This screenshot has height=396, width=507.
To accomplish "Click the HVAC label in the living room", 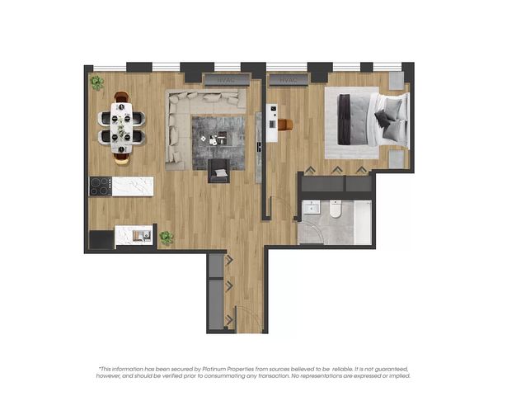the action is [227, 80].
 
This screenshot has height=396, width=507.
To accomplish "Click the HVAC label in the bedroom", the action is [288, 80].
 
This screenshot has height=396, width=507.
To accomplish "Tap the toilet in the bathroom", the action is [336, 209].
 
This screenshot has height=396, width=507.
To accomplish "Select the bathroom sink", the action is [311, 207].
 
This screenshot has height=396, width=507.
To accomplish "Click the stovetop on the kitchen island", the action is [101, 186].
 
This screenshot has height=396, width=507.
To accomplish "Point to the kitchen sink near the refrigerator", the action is [142, 235].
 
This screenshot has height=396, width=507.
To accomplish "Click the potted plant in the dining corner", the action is [97, 82].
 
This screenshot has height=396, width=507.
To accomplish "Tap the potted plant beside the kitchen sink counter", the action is [167, 238].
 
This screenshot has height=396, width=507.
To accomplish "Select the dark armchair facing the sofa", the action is [219, 171].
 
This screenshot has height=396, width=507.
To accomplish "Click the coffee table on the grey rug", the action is [214, 139].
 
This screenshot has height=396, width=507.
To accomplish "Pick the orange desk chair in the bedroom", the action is [285, 125].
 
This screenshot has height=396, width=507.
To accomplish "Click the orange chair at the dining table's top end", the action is [121, 97].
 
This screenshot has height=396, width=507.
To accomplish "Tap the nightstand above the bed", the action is [397, 81].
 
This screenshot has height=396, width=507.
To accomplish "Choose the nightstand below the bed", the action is [397, 159].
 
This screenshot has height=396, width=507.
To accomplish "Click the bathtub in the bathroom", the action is [363, 222].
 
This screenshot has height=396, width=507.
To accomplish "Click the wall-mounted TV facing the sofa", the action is [259, 147].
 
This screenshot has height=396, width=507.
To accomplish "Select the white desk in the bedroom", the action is [272, 123].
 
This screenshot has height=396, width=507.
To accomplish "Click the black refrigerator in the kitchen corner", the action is [101, 239].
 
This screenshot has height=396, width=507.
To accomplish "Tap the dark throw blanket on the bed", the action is [344, 120].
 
